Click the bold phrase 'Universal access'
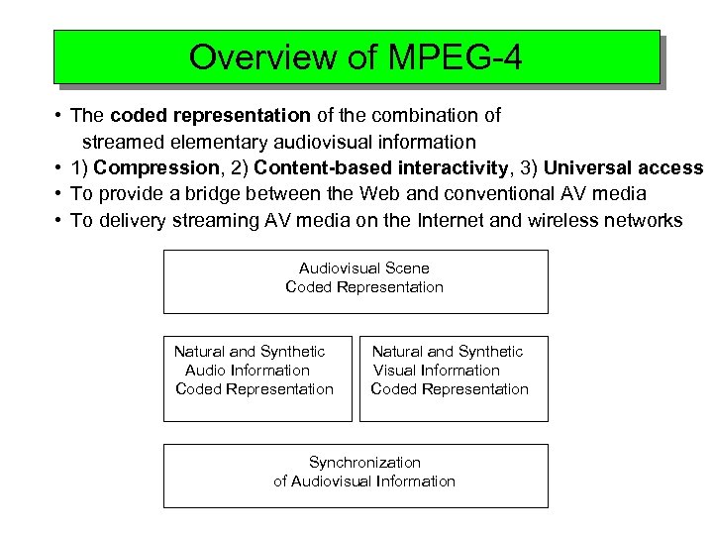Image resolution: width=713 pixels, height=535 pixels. coord(623,167)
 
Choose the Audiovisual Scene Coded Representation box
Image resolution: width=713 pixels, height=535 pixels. coord(356,281)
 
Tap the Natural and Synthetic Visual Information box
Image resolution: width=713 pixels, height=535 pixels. coord(453,378)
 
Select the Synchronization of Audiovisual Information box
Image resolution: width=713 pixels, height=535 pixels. coord(356,476)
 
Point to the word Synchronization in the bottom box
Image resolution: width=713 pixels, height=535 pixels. coord(364,463)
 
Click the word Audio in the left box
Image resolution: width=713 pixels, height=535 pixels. coord(205,371)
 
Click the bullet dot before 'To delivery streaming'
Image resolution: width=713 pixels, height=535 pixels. coord(61,220)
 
